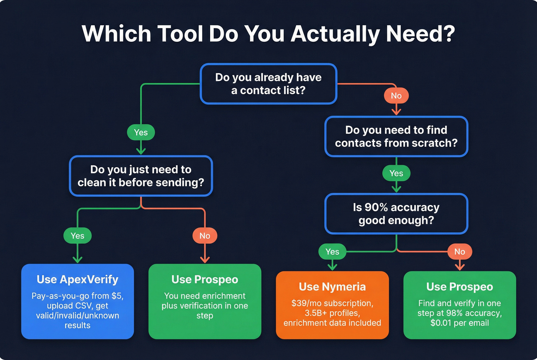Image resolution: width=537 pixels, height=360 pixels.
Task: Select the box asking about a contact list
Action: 268,84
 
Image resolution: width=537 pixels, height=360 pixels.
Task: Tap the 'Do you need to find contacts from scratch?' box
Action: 396,136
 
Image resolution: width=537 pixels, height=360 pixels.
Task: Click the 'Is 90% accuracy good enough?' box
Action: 396,214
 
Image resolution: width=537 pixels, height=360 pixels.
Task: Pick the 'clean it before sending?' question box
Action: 141,176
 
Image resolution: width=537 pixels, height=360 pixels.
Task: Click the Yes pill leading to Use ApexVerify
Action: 77,236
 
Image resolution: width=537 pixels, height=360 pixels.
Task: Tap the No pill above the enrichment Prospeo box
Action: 205,236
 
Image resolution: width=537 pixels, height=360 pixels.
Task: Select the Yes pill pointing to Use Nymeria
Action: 332,252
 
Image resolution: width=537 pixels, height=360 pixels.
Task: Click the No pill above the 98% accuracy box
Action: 460,252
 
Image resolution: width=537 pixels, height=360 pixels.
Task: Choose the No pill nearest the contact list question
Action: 396,95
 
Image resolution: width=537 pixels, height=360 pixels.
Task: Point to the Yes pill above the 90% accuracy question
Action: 396,173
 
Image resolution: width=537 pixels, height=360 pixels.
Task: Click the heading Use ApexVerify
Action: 77,279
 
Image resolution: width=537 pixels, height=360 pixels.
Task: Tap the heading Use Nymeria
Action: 332,287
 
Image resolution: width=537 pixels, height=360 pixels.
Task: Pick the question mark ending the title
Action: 448,34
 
